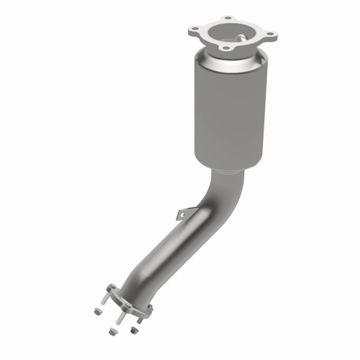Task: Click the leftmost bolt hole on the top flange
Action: coord(194,30)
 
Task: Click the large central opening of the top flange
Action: coord(231,33)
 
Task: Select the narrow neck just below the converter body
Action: coord(230,172)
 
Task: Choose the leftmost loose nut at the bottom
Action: coord(98,311)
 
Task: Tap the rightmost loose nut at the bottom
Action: coord(134,330)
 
